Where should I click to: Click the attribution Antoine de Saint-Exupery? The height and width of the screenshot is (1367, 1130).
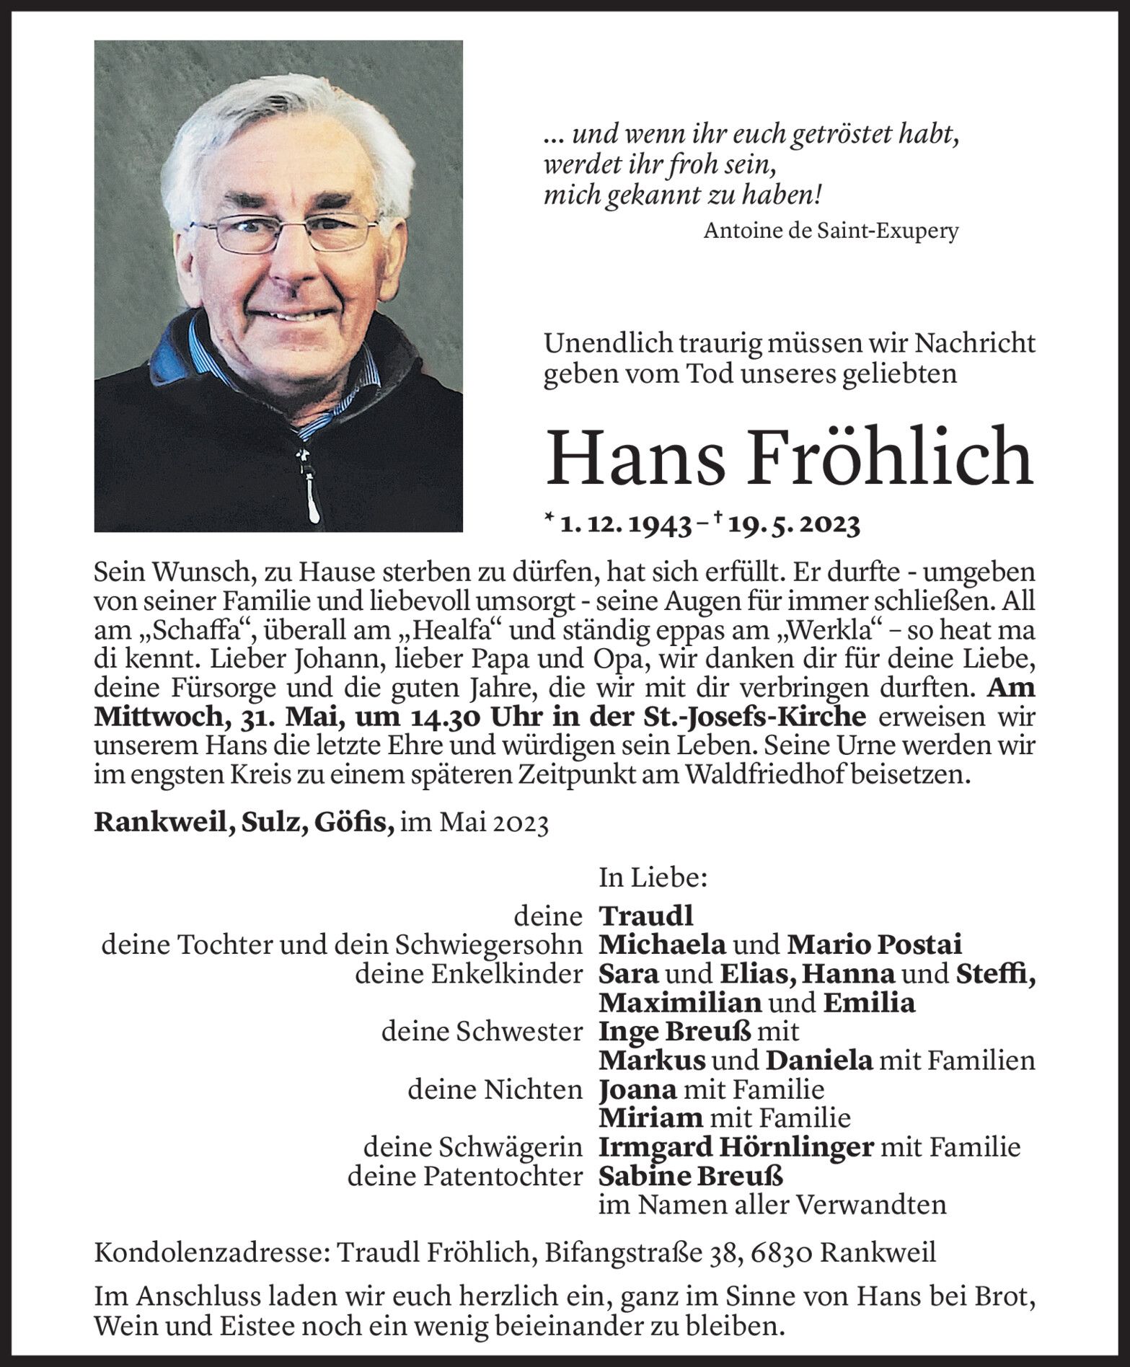831,231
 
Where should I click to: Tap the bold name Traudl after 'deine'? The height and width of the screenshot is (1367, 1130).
645,916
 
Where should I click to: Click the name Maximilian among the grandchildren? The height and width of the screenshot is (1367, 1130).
680,1003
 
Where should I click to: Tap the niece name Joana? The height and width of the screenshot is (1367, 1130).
637,1089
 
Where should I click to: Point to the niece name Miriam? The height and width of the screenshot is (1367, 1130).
650,1118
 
